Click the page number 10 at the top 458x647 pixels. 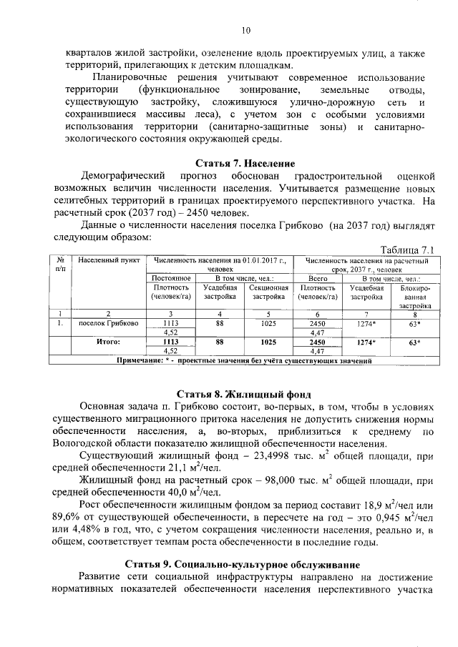[245, 30]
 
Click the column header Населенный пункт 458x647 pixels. [106, 261]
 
